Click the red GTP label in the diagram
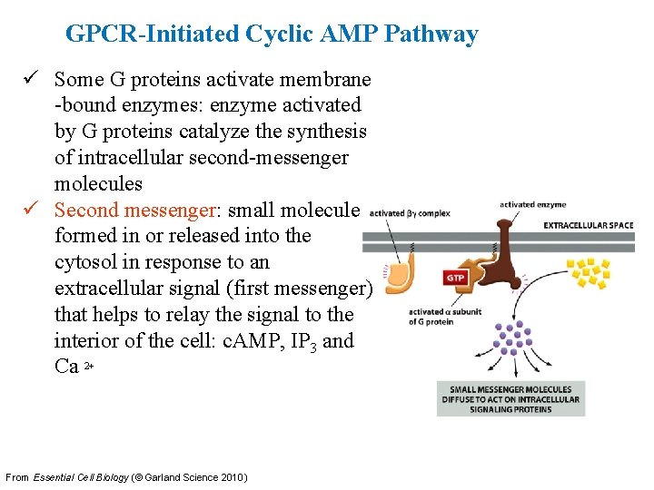point(455,278)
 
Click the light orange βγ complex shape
point(401,271)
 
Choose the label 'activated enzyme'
point(532,205)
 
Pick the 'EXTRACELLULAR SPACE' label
point(589,224)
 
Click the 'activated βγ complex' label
point(410,214)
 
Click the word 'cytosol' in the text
point(84,262)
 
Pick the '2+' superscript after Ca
point(89,366)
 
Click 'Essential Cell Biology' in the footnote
point(81,477)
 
